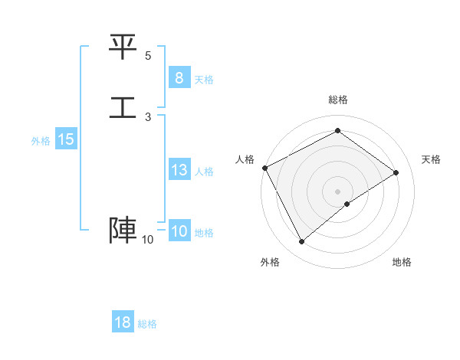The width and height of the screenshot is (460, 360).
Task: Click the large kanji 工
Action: (x=123, y=106)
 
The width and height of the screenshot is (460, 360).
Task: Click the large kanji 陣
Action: (x=123, y=231)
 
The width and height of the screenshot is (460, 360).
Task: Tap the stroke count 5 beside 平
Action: (x=148, y=56)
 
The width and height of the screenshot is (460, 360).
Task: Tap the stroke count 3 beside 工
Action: (x=148, y=116)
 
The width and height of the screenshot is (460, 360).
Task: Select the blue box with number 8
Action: (x=179, y=77)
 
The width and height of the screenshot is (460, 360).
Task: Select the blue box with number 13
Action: (x=179, y=170)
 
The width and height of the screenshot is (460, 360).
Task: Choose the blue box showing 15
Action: (x=66, y=139)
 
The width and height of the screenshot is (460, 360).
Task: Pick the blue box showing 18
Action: (x=123, y=322)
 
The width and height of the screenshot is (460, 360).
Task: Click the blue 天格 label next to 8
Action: (x=204, y=79)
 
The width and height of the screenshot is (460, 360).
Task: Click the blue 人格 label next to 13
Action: (x=204, y=172)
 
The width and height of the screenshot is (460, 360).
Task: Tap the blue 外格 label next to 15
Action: (x=41, y=141)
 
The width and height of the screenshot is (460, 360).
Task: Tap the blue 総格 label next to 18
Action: (x=147, y=324)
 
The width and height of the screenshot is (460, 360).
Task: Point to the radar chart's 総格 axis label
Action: (x=337, y=100)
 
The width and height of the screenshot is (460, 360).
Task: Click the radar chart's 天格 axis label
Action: (x=431, y=159)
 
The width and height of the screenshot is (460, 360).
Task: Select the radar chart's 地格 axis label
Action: (x=402, y=262)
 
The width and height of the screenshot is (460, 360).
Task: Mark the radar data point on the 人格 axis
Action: (x=264, y=168)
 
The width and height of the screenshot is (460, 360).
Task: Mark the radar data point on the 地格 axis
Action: (x=347, y=204)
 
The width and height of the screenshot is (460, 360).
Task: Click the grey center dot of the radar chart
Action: (x=337, y=191)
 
